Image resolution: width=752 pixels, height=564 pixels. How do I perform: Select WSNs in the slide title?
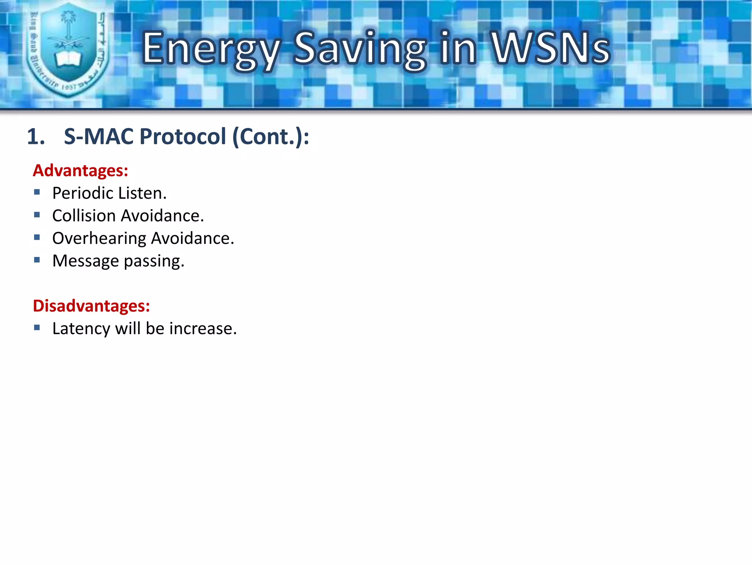[x=551, y=48]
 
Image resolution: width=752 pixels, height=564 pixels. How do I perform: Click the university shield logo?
[x=68, y=50]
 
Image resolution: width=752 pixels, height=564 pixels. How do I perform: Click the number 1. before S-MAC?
[x=36, y=137]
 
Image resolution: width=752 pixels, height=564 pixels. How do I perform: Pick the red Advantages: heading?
[x=80, y=171]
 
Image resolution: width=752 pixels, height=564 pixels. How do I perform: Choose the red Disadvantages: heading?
[x=91, y=306]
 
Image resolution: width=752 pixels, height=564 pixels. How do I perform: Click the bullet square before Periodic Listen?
[x=37, y=192]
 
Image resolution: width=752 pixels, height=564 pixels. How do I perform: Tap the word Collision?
[x=84, y=216]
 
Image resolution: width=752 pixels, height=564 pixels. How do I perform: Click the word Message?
[x=86, y=261]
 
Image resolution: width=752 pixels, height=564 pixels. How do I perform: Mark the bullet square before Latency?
[x=37, y=328]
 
